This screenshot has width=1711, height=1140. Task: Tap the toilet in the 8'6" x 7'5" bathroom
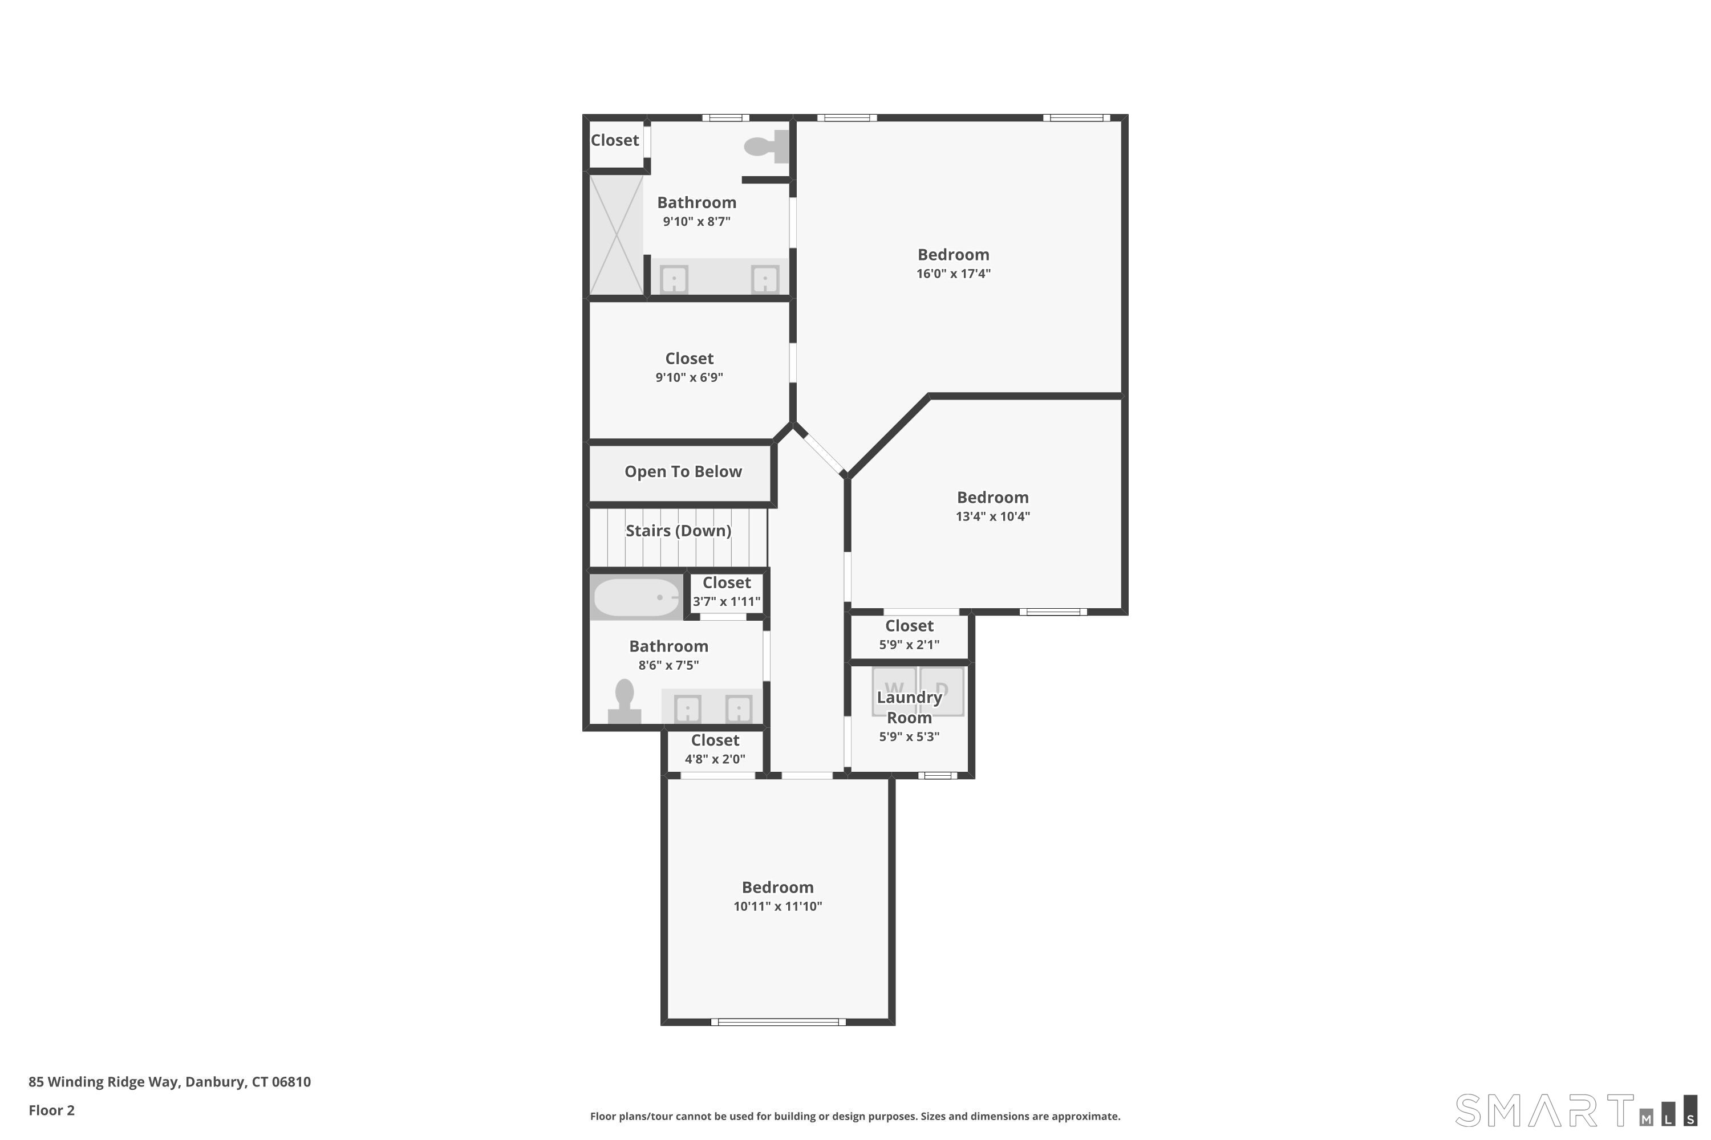coord(624,702)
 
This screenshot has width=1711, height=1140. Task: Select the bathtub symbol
coord(636,597)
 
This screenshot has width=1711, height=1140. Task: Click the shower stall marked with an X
coord(616,235)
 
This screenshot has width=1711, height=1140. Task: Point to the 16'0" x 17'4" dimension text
coord(953,274)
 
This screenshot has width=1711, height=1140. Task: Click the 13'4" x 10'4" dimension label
coord(992,517)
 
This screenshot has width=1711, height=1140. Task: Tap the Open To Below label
coord(682,472)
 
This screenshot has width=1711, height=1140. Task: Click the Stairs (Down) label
coord(678,531)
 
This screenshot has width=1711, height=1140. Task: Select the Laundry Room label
coord(909,707)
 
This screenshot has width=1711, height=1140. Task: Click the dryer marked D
coord(943,691)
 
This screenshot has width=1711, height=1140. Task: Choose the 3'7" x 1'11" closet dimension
coord(726,602)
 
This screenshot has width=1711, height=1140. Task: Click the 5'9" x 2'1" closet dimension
coord(909,645)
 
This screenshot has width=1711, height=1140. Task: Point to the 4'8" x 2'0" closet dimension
coord(715,760)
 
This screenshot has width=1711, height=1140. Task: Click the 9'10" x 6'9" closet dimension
coord(689,377)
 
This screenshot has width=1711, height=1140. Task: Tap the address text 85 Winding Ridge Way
coord(169,1082)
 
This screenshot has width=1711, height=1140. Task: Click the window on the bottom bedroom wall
coord(778,1022)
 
